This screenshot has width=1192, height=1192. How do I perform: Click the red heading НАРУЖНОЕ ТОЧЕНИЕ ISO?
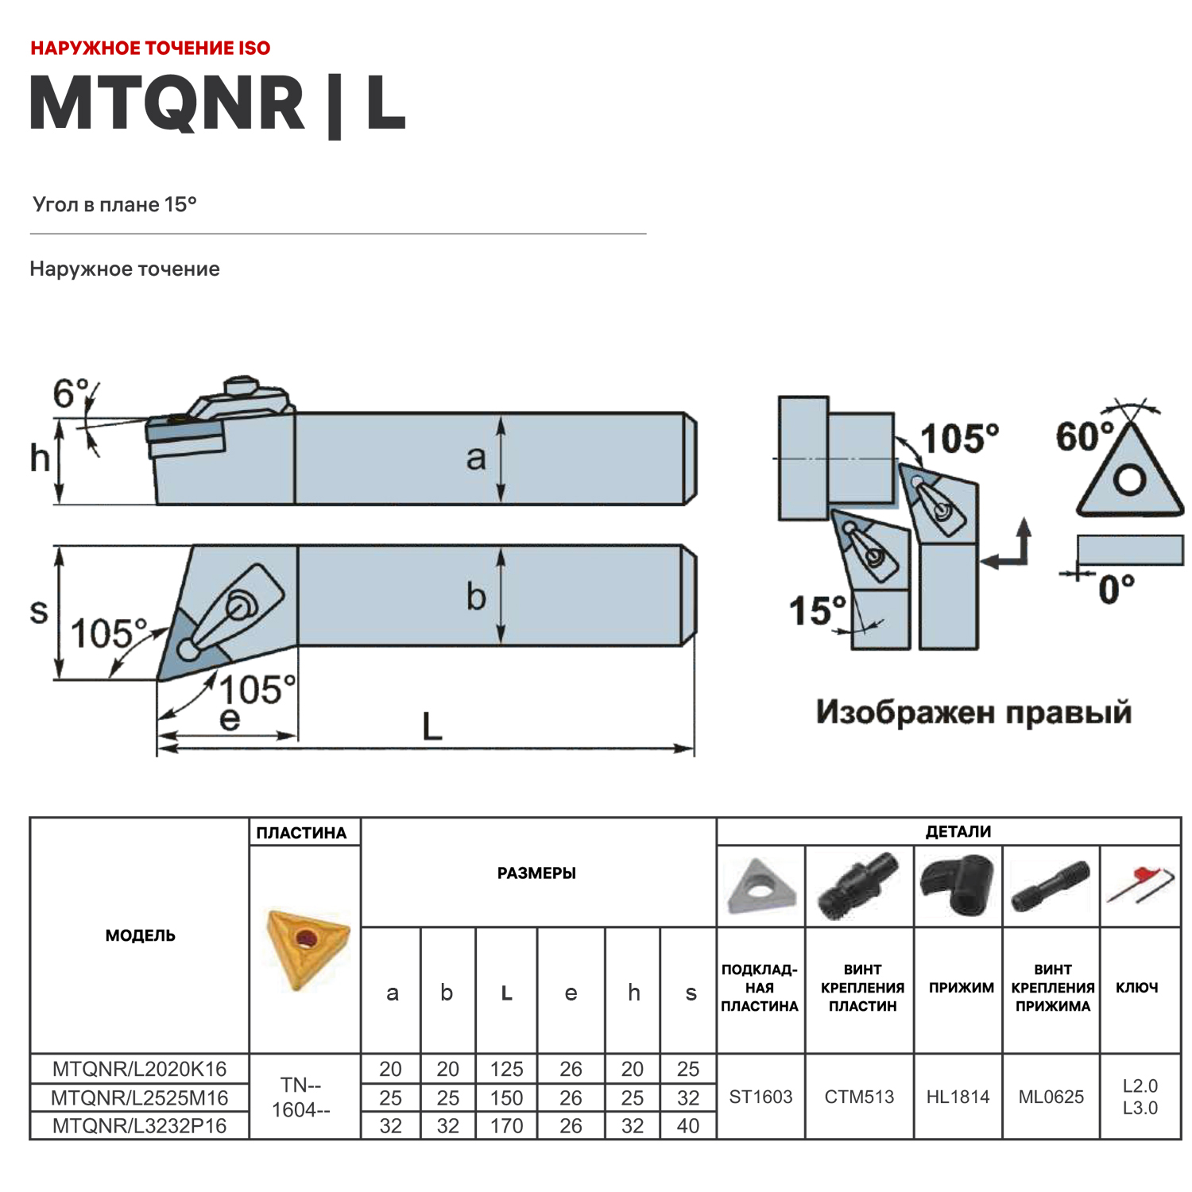(150, 48)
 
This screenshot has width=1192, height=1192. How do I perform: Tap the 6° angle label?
(72, 393)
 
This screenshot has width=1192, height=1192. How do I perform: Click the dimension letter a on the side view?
(475, 459)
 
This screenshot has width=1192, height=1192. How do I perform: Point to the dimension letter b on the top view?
(475, 597)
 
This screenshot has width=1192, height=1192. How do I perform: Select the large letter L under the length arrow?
(432, 726)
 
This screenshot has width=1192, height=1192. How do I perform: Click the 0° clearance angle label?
(1116, 590)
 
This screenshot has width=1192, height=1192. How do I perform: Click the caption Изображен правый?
(973, 712)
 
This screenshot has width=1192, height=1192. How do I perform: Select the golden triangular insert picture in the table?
(308, 947)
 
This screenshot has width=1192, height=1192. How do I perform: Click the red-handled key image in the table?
(1140, 884)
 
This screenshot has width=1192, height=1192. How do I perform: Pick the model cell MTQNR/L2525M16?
(139, 1097)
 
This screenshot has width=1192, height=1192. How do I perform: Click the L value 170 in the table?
(506, 1126)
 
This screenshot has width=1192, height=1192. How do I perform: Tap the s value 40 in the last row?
(687, 1126)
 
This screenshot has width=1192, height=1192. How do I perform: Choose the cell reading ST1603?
(760, 1097)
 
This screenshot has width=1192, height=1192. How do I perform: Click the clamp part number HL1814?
(958, 1097)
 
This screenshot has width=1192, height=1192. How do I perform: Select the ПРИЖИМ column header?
(961, 988)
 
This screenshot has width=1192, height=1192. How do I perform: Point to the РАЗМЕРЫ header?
(536, 873)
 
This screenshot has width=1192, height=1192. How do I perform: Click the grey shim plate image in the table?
(760, 886)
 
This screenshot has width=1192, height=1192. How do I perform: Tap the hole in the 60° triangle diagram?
(1129, 480)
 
